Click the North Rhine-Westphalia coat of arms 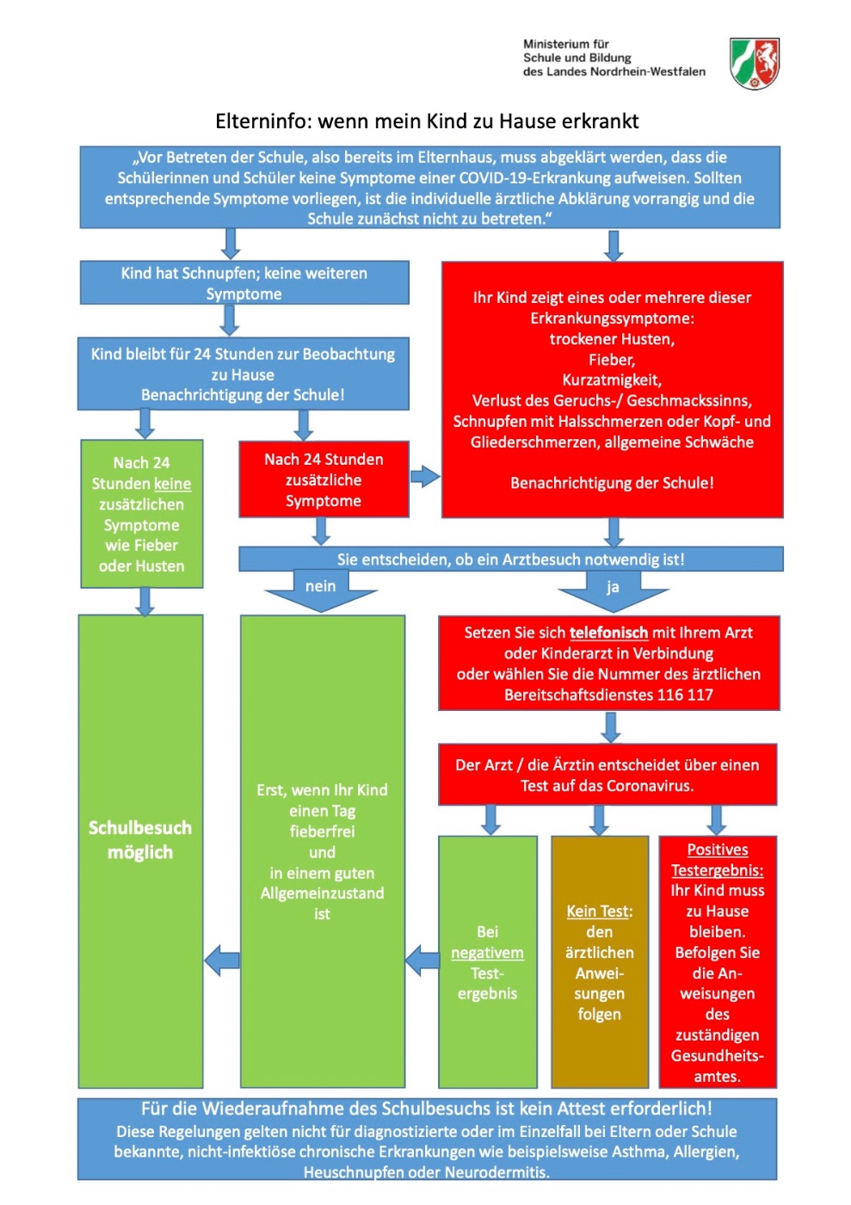pyautogui.click(x=755, y=63)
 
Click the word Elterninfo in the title pyautogui.click(x=263, y=121)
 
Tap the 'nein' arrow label pyautogui.click(x=320, y=586)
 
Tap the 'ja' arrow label pyautogui.click(x=613, y=587)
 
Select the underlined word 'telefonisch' pyautogui.click(x=608, y=633)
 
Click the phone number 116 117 pyautogui.click(x=685, y=695)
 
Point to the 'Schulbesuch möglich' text pyautogui.click(x=140, y=840)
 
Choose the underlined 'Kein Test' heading pyautogui.click(x=599, y=911)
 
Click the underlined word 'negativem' pyautogui.click(x=487, y=953)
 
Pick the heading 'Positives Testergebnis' pyautogui.click(x=717, y=860)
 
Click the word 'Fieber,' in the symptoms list pyautogui.click(x=612, y=360)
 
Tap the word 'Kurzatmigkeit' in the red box pyautogui.click(x=612, y=380)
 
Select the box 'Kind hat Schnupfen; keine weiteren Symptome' pyautogui.click(x=244, y=283)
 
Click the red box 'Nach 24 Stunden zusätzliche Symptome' pyautogui.click(x=324, y=479)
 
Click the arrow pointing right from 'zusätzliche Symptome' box pyautogui.click(x=424, y=476)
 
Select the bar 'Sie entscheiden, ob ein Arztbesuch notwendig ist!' pyautogui.click(x=510, y=559)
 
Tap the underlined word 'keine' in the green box pyautogui.click(x=172, y=484)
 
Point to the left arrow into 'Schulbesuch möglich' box pyautogui.click(x=223, y=960)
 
